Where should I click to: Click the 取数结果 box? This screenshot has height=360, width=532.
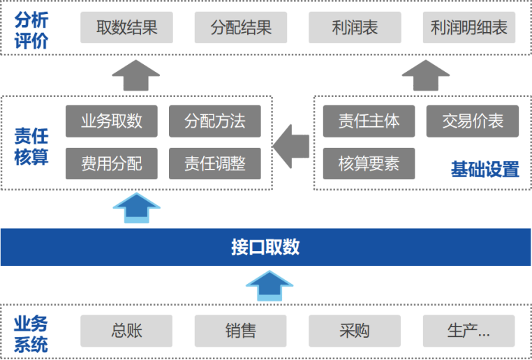[x=126, y=28]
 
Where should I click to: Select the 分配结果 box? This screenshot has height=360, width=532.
[x=240, y=28]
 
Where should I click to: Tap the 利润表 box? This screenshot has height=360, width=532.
[x=355, y=28]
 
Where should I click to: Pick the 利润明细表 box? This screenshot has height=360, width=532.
[x=469, y=28]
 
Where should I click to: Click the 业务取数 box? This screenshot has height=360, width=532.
[x=112, y=121]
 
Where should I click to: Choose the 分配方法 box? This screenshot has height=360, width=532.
[x=215, y=121]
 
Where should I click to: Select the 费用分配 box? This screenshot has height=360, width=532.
[x=112, y=163]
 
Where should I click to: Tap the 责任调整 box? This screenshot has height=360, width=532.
[x=215, y=163]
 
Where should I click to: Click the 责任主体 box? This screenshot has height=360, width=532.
[x=369, y=121]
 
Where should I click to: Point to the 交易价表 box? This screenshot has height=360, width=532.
[x=473, y=121]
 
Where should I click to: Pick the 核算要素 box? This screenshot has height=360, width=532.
[x=369, y=163]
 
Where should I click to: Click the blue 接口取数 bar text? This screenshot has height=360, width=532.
[x=265, y=247]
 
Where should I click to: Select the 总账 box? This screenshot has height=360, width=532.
[x=126, y=331]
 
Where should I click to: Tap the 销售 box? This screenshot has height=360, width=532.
[x=240, y=331]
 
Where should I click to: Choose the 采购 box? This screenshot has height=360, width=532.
[x=355, y=331]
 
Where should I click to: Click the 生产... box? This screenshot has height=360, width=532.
[x=468, y=331]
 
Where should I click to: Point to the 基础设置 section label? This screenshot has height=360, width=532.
[x=485, y=170]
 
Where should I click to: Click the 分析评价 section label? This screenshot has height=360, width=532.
[x=31, y=29]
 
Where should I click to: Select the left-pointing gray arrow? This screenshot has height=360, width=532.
[x=291, y=142]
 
